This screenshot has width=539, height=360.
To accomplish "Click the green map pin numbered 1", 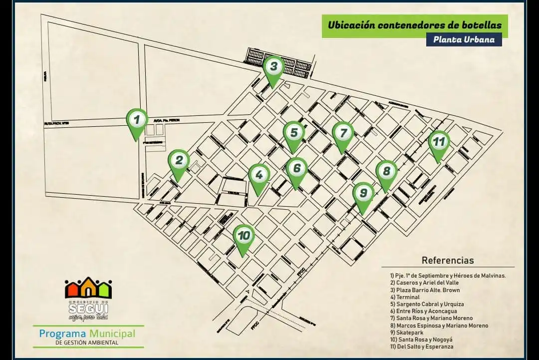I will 137,120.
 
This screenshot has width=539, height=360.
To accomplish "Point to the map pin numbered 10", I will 244,236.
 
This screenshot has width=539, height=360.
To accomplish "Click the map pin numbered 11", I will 438,142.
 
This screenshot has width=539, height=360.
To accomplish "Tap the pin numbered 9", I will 364,193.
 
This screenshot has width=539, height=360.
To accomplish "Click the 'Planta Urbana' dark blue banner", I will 464,39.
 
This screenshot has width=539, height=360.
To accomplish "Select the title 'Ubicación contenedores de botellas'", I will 414,25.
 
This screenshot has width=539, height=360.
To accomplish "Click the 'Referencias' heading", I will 448,260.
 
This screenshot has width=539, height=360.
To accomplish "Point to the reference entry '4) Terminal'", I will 405,297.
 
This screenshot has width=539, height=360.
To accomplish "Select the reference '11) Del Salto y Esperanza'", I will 422,347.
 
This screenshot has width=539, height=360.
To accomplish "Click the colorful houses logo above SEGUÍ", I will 88,288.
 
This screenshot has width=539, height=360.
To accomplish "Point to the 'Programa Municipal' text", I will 87,333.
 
